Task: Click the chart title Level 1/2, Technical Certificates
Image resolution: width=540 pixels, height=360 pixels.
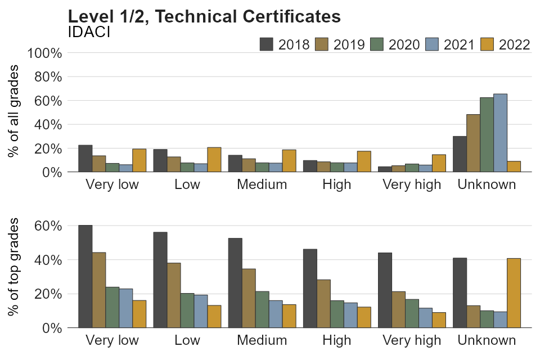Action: pos(204,17)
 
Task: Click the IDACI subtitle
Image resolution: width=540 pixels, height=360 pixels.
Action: pos(88,32)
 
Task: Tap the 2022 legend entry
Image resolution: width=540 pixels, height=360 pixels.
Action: pos(506,44)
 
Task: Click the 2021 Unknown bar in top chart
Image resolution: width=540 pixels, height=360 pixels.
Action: pos(501,133)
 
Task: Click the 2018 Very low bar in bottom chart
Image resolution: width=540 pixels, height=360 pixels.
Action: pos(85,276)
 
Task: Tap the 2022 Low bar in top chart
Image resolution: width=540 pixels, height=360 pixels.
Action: pos(214,159)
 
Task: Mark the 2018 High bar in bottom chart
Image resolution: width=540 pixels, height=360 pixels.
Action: pos(310,288)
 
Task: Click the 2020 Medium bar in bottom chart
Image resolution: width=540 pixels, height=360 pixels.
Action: pos(262,309)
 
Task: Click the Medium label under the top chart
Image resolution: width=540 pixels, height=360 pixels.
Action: pos(262,184)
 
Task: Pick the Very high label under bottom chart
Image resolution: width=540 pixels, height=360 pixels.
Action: pos(412,340)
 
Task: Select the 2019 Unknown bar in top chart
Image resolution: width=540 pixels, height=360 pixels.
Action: pos(474,143)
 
